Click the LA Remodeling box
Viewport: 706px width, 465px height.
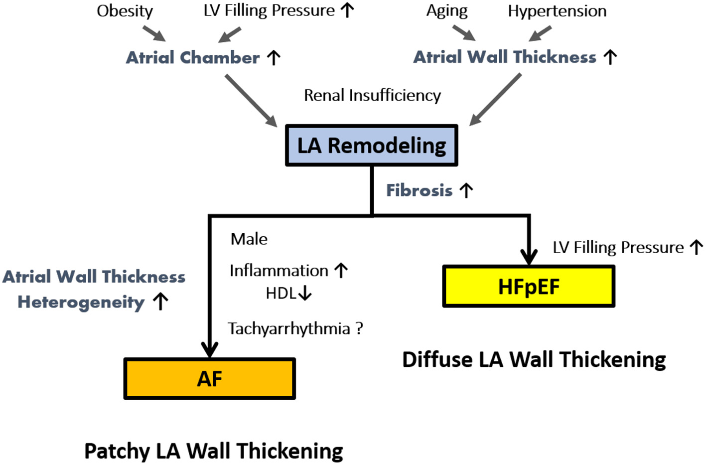click(x=372, y=146)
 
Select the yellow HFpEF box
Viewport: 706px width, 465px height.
click(x=529, y=287)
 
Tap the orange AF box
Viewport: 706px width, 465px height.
click(x=210, y=379)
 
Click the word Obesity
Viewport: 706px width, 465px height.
click(x=125, y=11)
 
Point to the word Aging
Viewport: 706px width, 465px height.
click(x=446, y=11)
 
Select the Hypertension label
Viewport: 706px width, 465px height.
click(x=557, y=11)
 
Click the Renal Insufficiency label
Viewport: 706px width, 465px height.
click(x=372, y=95)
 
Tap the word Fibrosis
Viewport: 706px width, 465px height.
click(x=420, y=190)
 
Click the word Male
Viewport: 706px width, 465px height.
click(x=249, y=239)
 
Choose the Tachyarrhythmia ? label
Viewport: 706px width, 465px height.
click(x=295, y=328)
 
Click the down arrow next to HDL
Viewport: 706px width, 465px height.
click(x=305, y=293)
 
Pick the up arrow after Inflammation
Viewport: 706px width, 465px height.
click(x=341, y=271)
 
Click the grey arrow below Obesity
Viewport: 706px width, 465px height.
click(x=153, y=33)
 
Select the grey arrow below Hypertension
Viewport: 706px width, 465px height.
click(x=540, y=33)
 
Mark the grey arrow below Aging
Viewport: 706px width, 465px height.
click(x=464, y=33)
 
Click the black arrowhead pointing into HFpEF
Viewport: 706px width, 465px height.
click(x=529, y=257)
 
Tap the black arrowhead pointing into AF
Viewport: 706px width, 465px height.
click(x=210, y=349)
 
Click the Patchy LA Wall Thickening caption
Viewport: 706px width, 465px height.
click(x=214, y=451)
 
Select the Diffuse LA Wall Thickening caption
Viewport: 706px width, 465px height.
click(x=534, y=359)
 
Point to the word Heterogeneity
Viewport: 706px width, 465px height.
click(x=81, y=302)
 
